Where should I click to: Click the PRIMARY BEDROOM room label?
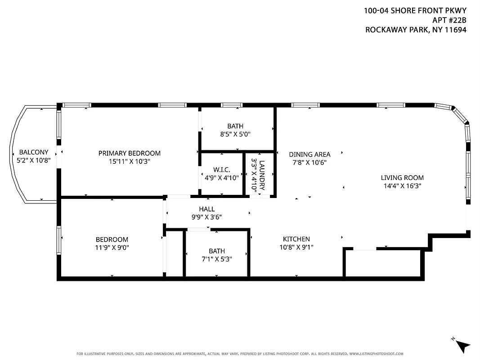pos(129,153)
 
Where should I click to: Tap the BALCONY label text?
pos(33,152)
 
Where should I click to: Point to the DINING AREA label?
pos(310,154)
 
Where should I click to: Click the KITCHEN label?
pos(296,239)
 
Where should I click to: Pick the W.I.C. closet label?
pos(222,170)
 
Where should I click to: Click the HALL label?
pos(207,209)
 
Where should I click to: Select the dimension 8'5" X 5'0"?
pos(235,134)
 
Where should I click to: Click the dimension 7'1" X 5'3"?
pos(217,259)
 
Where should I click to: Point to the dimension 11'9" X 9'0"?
pos(112,247)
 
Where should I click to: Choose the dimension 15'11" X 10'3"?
pos(129,162)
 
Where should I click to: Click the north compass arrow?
pos(462,345)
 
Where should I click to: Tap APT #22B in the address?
pos(449,20)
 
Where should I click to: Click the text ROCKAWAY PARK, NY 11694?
pos(415,30)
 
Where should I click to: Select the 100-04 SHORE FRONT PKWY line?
pos(415,10)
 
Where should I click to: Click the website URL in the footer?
pos(376,354)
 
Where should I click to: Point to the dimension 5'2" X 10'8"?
pos(33,160)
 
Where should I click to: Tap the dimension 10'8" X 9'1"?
pos(296,247)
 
